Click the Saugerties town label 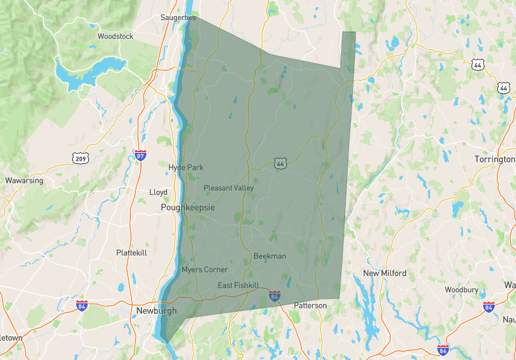(178, 18)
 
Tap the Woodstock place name (115, 37)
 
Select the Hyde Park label (186, 168)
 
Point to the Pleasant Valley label (229, 188)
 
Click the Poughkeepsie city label (188, 208)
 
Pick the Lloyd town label (158, 192)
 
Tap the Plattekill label (132, 253)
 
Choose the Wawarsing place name (24, 181)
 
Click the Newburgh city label (157, 311)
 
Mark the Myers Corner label (204, 270)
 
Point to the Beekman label (270, 256)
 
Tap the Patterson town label (310, 305)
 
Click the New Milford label (384, 274)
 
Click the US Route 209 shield (81, 158)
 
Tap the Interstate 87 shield (141, 155)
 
